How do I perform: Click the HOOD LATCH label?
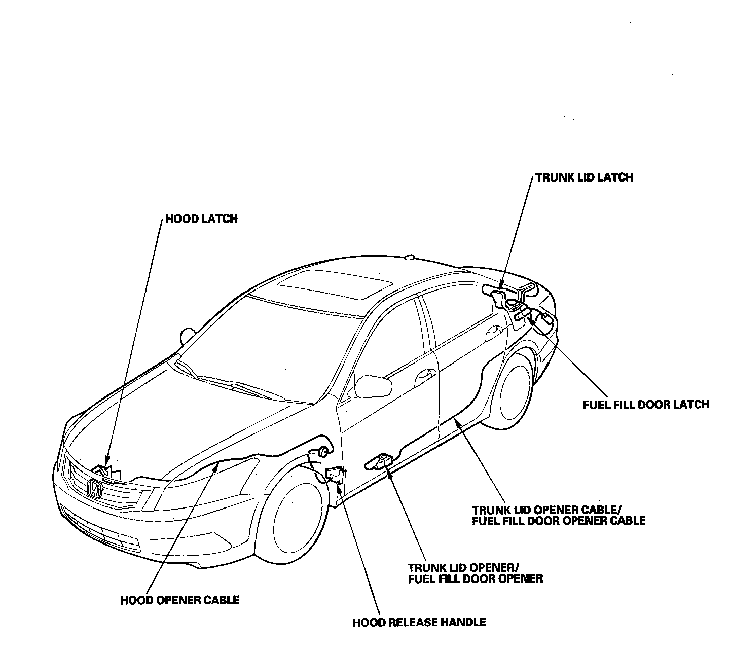click(201, 219)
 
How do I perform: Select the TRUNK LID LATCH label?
click(584, 177)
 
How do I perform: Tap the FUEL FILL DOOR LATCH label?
click(646, 404)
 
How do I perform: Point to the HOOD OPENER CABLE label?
click(179, 600)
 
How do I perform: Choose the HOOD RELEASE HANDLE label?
click(419, 622)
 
